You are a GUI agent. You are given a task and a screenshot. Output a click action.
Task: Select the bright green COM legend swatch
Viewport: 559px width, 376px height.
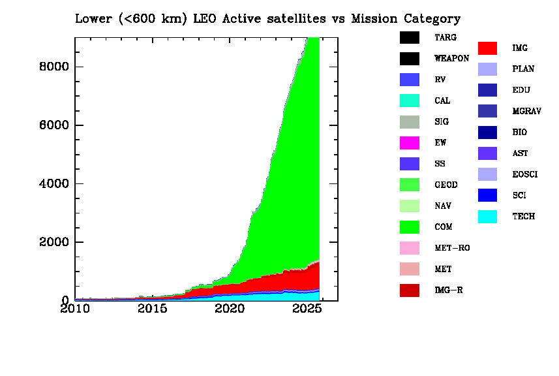coord(409,227)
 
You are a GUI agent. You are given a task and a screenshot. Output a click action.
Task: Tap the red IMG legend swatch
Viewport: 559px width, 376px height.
coord(487,48)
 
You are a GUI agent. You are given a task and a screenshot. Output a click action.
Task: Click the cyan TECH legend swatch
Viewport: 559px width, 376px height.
coord(487,216)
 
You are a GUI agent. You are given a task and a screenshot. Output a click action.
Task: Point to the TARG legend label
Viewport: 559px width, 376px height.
coord(446,38)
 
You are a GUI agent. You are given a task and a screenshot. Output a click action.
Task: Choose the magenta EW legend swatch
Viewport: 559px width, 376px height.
coord(409,143)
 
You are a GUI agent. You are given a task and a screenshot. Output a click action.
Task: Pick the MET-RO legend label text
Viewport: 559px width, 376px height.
coord(452,248)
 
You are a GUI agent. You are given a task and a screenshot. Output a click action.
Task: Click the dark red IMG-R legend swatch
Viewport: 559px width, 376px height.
coord(409,290)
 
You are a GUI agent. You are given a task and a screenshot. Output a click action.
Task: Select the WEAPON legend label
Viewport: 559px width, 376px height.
coord(451,59)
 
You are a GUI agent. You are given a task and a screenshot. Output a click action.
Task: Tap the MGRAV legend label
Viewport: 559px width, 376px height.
coord(526,112)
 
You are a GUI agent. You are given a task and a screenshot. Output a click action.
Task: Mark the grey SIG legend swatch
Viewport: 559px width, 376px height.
coord(409,122)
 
